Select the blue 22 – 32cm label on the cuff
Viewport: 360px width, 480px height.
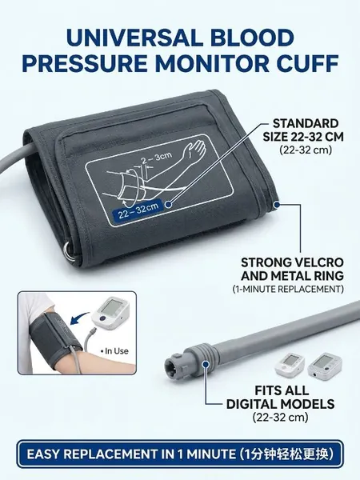pos(138,210)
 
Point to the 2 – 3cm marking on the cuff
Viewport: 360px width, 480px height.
pos(156,158)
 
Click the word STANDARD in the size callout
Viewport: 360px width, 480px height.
pos(306,123)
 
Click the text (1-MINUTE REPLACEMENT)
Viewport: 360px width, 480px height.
pos(288,289)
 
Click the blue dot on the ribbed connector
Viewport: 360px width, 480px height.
pos(206,364)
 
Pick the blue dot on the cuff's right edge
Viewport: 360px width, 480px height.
pos(277,204)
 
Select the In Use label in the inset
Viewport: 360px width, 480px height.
pos(114,351)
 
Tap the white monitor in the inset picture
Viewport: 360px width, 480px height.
pos(110,313)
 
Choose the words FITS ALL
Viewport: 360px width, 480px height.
pos(282,390)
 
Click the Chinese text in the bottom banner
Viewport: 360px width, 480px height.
pos(286,454)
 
